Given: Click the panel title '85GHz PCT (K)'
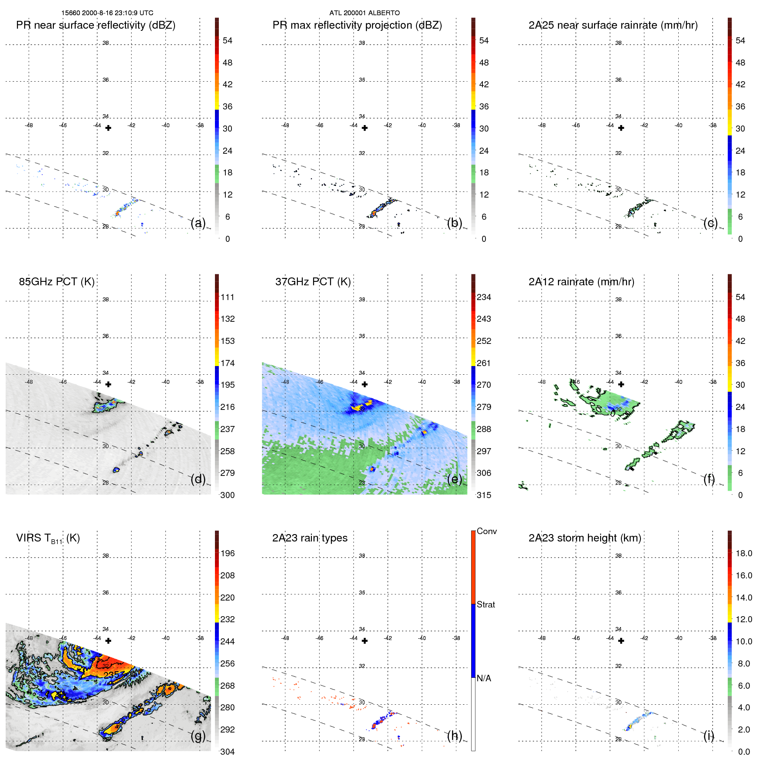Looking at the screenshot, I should coord(56,282).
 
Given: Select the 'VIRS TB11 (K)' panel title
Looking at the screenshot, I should coord(48,538).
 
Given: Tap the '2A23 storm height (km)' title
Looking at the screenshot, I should coord(584,538).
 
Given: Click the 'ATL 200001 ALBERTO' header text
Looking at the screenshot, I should coord(364,13).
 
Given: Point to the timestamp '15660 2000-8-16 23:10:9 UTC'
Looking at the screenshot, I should coord(107,13).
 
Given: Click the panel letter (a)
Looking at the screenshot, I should coord(198,223).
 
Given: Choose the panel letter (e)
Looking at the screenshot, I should coord(455,479).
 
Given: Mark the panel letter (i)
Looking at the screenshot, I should coord(709,736).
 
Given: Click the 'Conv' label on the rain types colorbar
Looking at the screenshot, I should coord(486,531).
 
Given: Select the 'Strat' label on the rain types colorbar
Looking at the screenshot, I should coord(485,604).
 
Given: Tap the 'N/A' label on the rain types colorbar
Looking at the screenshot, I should coord(484,678).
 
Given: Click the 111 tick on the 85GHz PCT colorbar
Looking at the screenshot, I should coord(227,297).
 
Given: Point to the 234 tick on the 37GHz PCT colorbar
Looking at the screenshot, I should coord(484,297).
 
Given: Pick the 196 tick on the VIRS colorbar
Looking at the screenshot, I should coord(227,553).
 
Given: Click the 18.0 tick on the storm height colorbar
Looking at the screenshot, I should coord(743,553).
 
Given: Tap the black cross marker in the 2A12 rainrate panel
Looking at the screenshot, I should coord(621,384).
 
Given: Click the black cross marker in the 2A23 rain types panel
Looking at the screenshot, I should coord(365,641).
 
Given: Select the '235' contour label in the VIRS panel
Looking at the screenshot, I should coord(111,675).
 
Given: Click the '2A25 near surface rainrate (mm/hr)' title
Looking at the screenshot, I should coord(613,25).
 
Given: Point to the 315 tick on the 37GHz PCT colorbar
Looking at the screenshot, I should coord(484,495).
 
